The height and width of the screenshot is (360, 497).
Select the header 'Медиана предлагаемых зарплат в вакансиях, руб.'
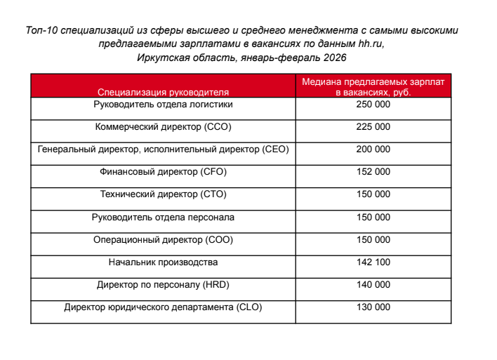tap(373, 87)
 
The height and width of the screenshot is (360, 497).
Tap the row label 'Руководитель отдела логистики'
tap(163, 105)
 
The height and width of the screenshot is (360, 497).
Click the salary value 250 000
tap(373, 105)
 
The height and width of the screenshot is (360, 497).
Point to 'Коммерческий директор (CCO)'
tap(163, 127)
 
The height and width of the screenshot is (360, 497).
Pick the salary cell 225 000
tap(373, 127)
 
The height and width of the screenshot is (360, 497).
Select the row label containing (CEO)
tap(163, 149)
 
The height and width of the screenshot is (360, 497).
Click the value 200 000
tap(373, 149)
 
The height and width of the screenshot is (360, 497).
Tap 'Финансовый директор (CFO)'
tap(163, 172)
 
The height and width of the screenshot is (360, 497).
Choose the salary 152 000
tap(373, 172)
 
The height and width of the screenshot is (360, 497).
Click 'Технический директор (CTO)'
tap(163, 194)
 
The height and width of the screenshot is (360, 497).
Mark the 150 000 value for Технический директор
tap(373, 194)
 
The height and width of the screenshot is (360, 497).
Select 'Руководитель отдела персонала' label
tap(163, 217)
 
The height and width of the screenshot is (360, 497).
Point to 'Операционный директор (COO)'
tap(163, 239)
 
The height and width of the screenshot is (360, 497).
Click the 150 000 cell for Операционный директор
tap(373, 239)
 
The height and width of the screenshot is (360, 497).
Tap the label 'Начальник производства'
tap(163, 262)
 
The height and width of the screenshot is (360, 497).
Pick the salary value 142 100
tap(373, 262)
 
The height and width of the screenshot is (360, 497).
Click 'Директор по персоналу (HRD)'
tap(163, 284)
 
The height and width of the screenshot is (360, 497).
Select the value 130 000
tap(373, 307)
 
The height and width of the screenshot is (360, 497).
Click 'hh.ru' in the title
tap(371, 44)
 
